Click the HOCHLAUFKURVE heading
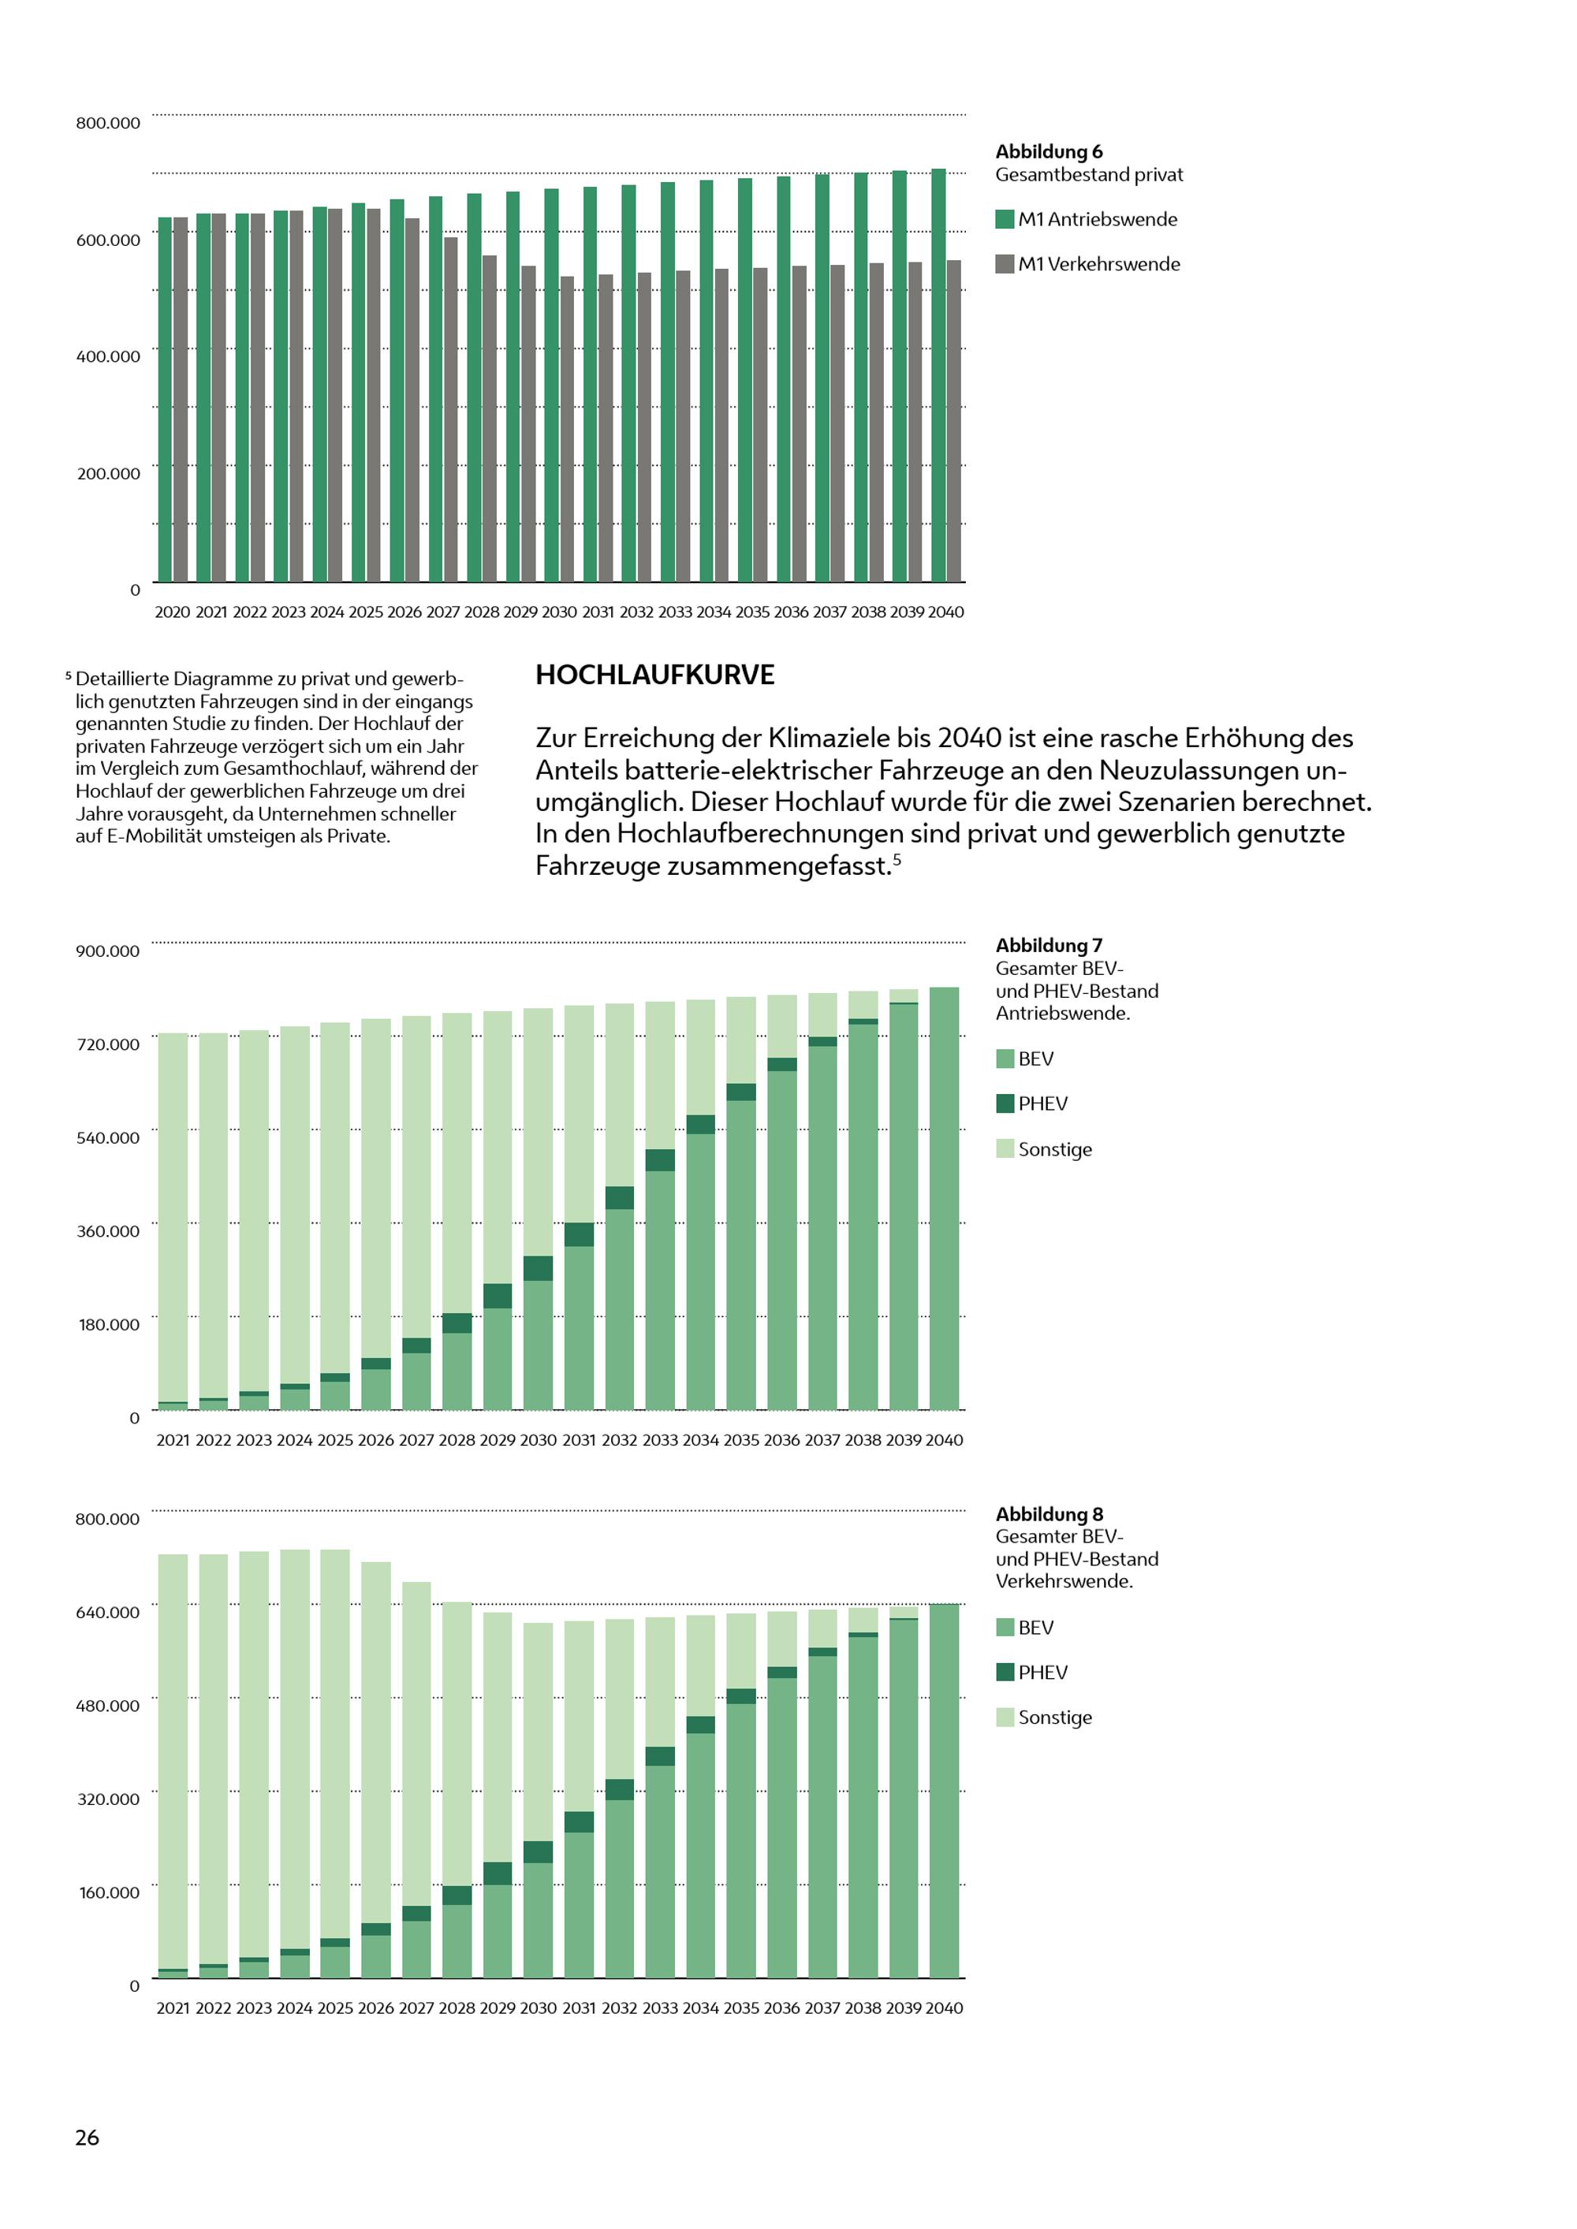(x=654, y=675)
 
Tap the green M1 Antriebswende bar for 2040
(x=939, y=376)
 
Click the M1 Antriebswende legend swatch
(x=1005, y=219)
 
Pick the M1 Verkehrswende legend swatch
(x=1005, y=264)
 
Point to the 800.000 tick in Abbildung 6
(x=108, y=123)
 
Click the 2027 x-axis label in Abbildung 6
(x=443, y=612)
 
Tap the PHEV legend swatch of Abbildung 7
(x=1005, y=1103)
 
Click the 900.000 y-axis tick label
(x=108, y=951)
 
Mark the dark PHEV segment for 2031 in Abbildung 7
(x=580, y=1234)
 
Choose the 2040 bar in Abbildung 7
(x=944, y=1198)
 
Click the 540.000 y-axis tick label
(x=108, y=1138)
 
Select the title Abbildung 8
(x=1049, y=1513)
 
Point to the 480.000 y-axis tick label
(x=108, y=1706)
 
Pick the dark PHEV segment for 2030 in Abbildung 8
(x=538, y=1851)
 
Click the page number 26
(x=88, y=2137)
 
